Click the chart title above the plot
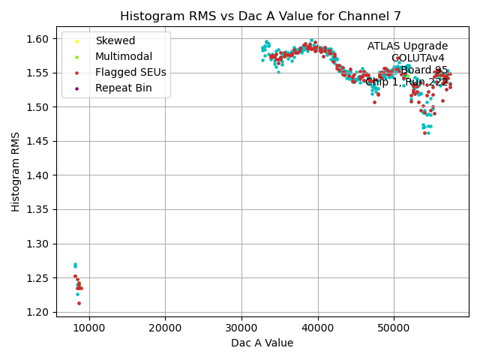point(260,16)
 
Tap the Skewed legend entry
point(115,40)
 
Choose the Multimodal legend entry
point(124,56)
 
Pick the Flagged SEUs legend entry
point(130,73)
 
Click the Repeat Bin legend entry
point(124,88)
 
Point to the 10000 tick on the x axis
point(89,328)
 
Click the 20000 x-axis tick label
point(165,328)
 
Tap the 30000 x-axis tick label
point(241,328)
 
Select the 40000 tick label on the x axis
point(317,328)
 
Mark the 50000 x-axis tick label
point(394,328)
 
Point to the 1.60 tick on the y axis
point(39,39)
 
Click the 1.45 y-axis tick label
point(39,142)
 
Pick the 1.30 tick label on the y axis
point(39,244)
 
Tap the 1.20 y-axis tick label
point(39,312)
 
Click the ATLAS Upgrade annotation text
point(407,46)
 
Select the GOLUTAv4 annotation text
point(418,58)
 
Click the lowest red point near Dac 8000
point(79,303)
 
